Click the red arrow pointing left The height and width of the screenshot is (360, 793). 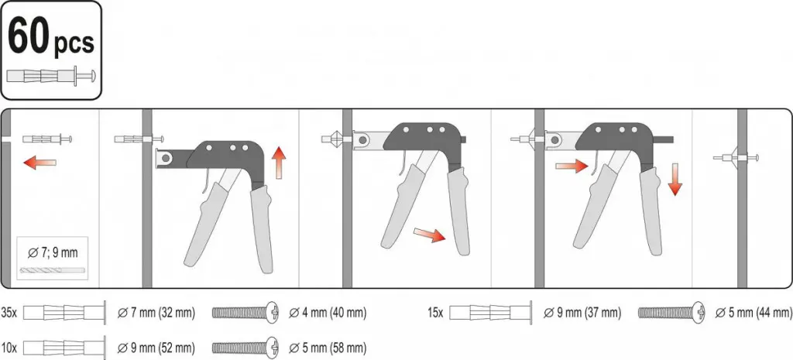click(x=40, y=163)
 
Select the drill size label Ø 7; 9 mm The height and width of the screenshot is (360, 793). click(x=52, y=252)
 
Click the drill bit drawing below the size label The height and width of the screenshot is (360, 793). click(x=52, y=270)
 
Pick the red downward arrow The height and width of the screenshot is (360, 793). click(x=675, y=180)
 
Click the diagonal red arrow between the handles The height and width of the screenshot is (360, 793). click(x=430, y=234)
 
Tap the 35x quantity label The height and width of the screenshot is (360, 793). click(x=9, y=313)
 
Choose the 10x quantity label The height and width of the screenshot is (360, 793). click(x=9, y=348)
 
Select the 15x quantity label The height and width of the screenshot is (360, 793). click(x=435, y=313)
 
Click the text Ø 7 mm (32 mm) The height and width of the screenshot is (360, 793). click(x=156, y=313)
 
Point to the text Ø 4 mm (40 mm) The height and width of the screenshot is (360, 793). click(x=328, y=313)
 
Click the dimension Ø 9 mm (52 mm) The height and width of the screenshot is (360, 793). click(x=156, y=348)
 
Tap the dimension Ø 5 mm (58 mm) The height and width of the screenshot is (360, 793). click(x=328, y=348)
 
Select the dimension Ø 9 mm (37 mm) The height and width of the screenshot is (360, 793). click(x=582, y=313)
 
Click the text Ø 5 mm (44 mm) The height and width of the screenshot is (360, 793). click(x=754, y=313)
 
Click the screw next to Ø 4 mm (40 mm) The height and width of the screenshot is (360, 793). click(x=245, y=313)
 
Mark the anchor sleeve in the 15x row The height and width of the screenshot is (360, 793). click(x=490, y=313)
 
